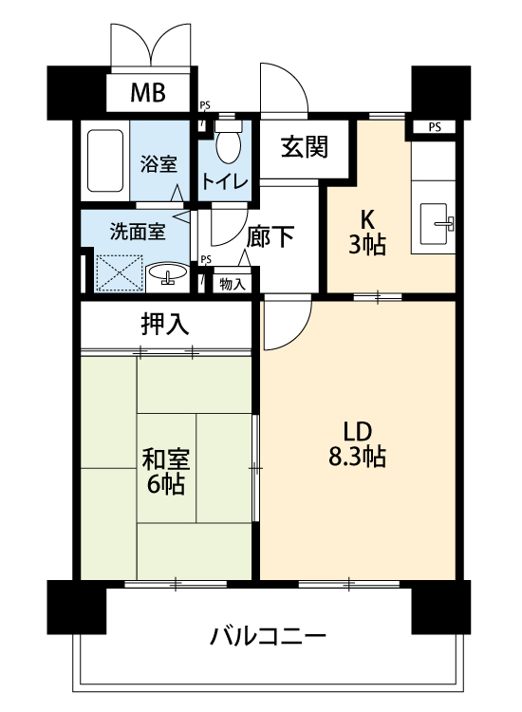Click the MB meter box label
(x=148, y=93)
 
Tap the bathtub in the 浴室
(x=105, y=160)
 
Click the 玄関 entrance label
(x=304, y=147)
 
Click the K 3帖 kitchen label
(x=367, y=233)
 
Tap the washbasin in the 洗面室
(x=168, y=273)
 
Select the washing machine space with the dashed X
(x=119, y=272)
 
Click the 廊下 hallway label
(x=270, y=236)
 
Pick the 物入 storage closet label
(x=233, y=284)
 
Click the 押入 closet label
(x=165, y=325)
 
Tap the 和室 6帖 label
(x=166, y=471)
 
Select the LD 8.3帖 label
(x=358, y=444)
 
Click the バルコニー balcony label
(x=268, y=636)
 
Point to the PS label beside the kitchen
(x=435, y=127)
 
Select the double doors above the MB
(x=150, y=46)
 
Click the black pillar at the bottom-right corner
(x=440, y=608)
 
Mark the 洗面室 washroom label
(x=138, y=232)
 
